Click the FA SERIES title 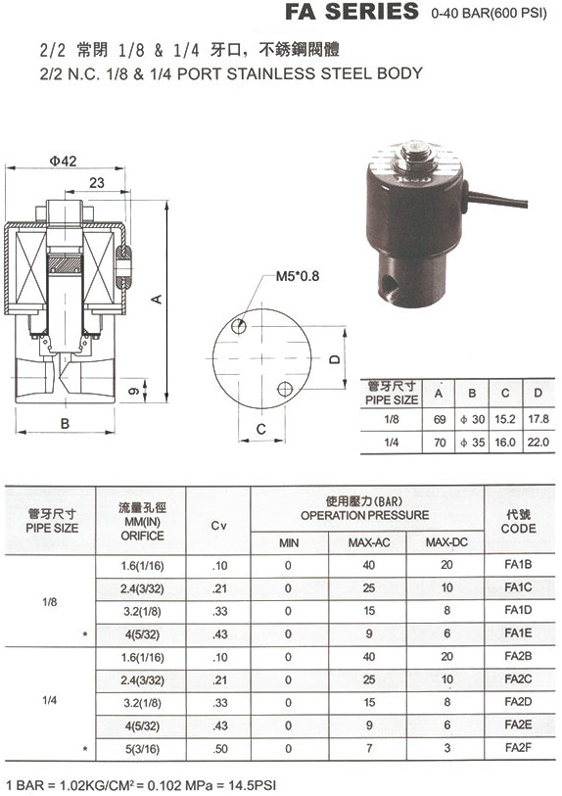tap(351, 11)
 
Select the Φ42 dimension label tap(63, 161)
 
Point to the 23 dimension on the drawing tap(97, 183)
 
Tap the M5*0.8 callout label tap(298, 276)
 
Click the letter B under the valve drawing tap(65, 423)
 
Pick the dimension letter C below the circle tap(261, 430)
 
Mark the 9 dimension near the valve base tap(133, 391)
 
